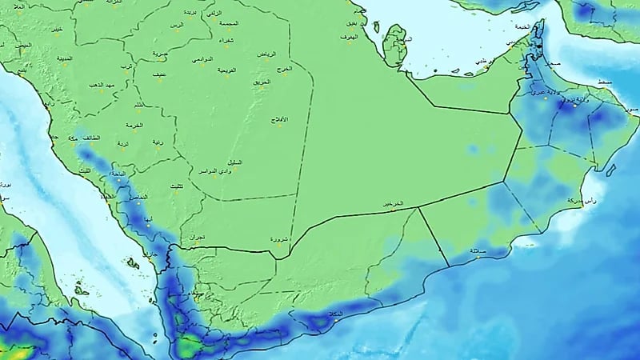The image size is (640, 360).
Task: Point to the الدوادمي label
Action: pos(202,59)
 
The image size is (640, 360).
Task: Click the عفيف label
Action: pos(160,74)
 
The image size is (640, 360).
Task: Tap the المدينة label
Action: pos(65,58)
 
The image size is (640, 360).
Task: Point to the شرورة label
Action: pos(275,238)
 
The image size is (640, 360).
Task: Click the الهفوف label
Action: pos(349,38)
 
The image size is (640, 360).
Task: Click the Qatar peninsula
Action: pos(396,44)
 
